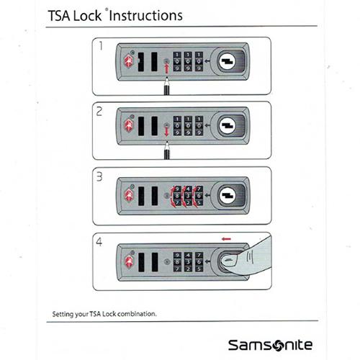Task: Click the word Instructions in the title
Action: pyautogui.click(x=146, y=16)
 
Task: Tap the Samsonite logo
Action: pyautogui.click(x=270, y=345)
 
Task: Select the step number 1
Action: pyautogui.click(x=101, y=45)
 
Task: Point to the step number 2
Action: pyautogui.click(x=99, y=112)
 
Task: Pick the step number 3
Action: pyautogui.click(x=99, y=177)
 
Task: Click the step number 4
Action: pyautogui.click(x=99, y=242)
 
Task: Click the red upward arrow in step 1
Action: pyautogui.click(x=166, y=68)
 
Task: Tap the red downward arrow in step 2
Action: pyautogui.click(x=166, y=132)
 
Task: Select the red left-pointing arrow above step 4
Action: pyautogui.click(x=226, y=239)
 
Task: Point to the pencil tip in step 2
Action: pyautogui.click(x=167, y=143)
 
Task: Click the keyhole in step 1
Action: pyautogui.click(x=228, y=61)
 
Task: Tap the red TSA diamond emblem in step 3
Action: pyautogui.click(x=129, y=194)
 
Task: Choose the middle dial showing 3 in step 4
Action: pyautogui.click(x=188, y=262)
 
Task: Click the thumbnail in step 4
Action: pyautogui.click(x=229, y=260)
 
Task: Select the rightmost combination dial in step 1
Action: pyautogui.click(x=199, y=62)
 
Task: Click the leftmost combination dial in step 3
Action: pyautogui.click(x=177, y=196)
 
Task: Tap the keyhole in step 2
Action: pyautogui.click(x=228, y=126)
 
